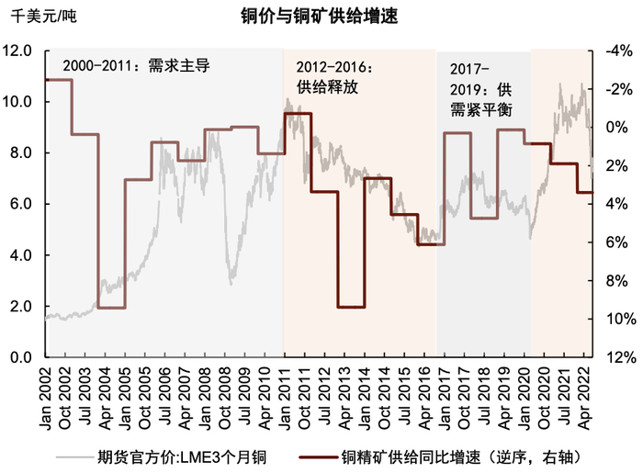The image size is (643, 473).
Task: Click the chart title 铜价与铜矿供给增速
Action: (x=312, y=17)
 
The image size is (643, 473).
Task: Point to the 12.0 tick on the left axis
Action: (x=20, y=51)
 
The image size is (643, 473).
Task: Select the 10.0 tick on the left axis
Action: (x=20, y=102)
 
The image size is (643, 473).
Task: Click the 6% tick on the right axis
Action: (x=614, y=242)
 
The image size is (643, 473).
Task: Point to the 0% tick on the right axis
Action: (x=614, y=128)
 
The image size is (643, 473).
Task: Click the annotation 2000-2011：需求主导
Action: (x=136, y=67)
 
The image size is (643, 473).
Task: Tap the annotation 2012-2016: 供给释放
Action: (x=332, y=77)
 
